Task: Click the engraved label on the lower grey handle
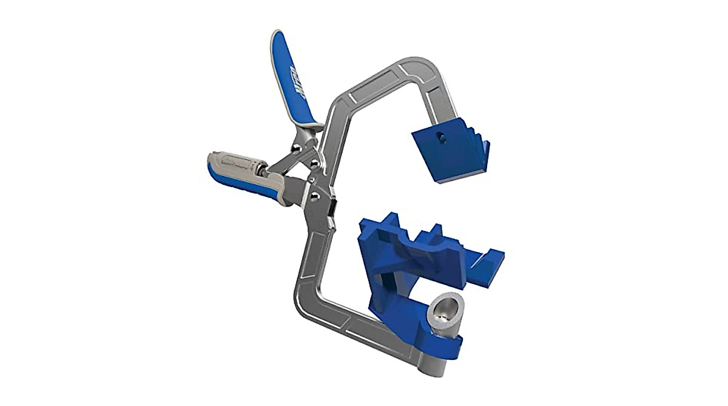tap(230, 160)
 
